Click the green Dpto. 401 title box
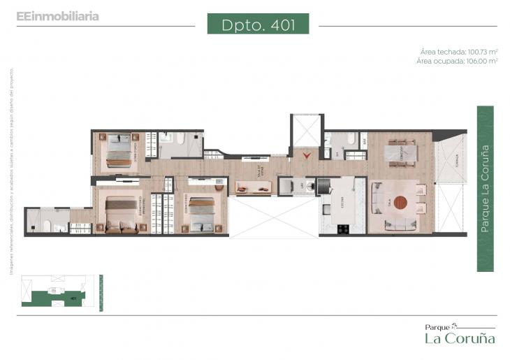coord(258,24)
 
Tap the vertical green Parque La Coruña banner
coord(485,189)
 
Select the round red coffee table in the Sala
coord(399,203)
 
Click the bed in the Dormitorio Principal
coord(121,213)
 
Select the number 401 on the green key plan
coord(73,298)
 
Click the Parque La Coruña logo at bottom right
coord(460,333)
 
